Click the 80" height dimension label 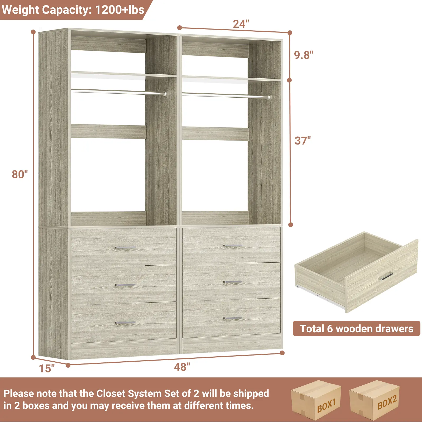20,174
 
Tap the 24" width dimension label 241,24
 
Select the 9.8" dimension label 304,55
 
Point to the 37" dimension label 303,141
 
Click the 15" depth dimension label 47,368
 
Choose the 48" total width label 182,367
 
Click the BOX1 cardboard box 316,400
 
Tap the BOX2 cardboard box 375,400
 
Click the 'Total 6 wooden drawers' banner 356,329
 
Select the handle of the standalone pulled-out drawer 386,276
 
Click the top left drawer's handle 125,248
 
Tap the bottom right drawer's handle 233,319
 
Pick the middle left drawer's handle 125,285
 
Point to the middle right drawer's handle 233,282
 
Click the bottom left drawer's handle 125,323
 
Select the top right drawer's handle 233,246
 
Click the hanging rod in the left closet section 119,92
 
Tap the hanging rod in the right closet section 226,95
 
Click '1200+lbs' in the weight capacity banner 120,10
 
